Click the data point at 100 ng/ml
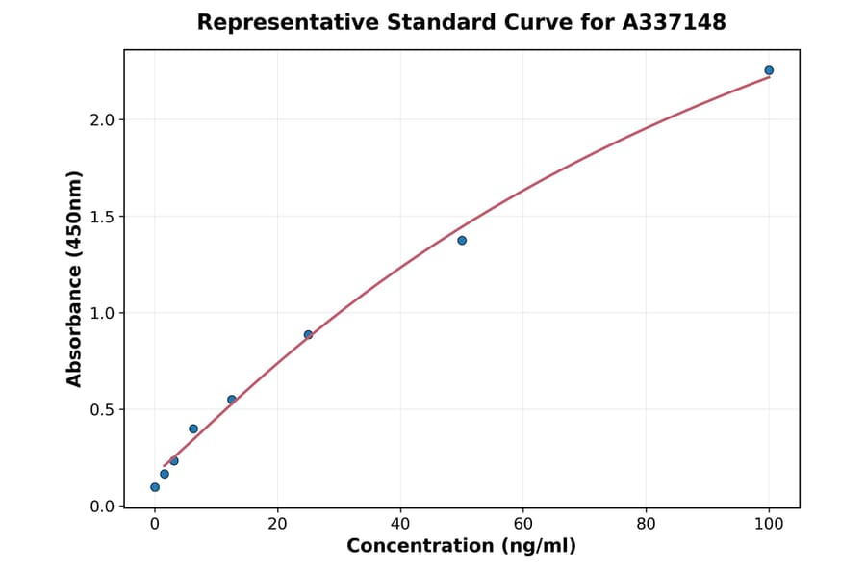(x=769, y=70)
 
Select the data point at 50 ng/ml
(x=462, y=240)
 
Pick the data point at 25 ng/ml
(x=308, y=335)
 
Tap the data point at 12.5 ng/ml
(x=232, y=400)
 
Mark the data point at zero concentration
(x=155, y=487)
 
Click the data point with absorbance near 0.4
(x=193, y=429)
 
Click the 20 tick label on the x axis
(x=277, y=525)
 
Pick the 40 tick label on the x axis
(x=400, y=525)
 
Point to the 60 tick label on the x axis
(x=523, y=525)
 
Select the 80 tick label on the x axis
(x=647, y=525)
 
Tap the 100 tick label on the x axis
(x=769, y=525)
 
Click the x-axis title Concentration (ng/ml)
(x=461, y=547)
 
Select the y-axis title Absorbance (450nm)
(x=74, y=278)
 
